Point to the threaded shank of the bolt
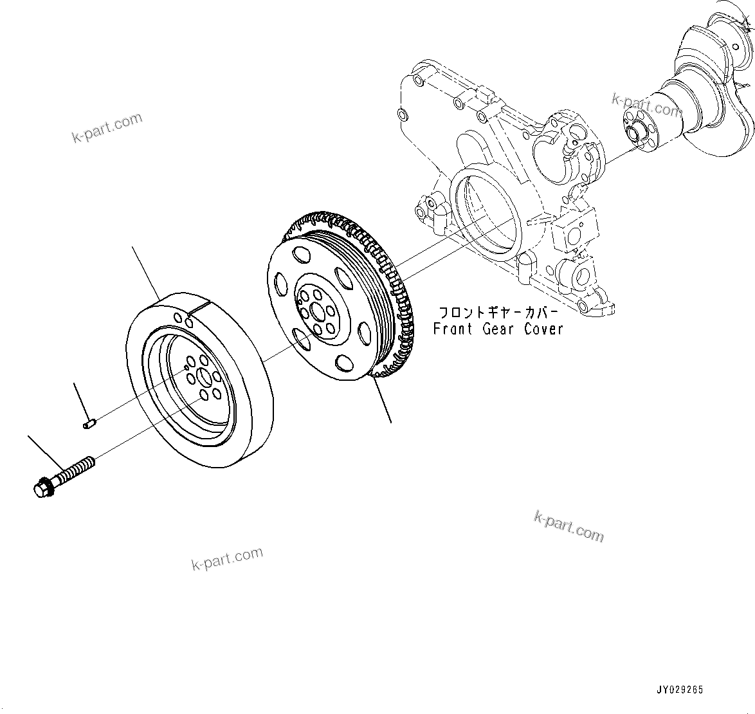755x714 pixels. pos(76,468)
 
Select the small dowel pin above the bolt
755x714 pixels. pos(90,423)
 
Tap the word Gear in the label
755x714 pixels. pos(502,329)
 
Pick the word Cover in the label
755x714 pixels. pos(543,329)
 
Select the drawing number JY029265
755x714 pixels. pos(679,690)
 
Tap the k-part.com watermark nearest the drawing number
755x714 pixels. pos(569,526)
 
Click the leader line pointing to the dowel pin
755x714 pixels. pos(80,400)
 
